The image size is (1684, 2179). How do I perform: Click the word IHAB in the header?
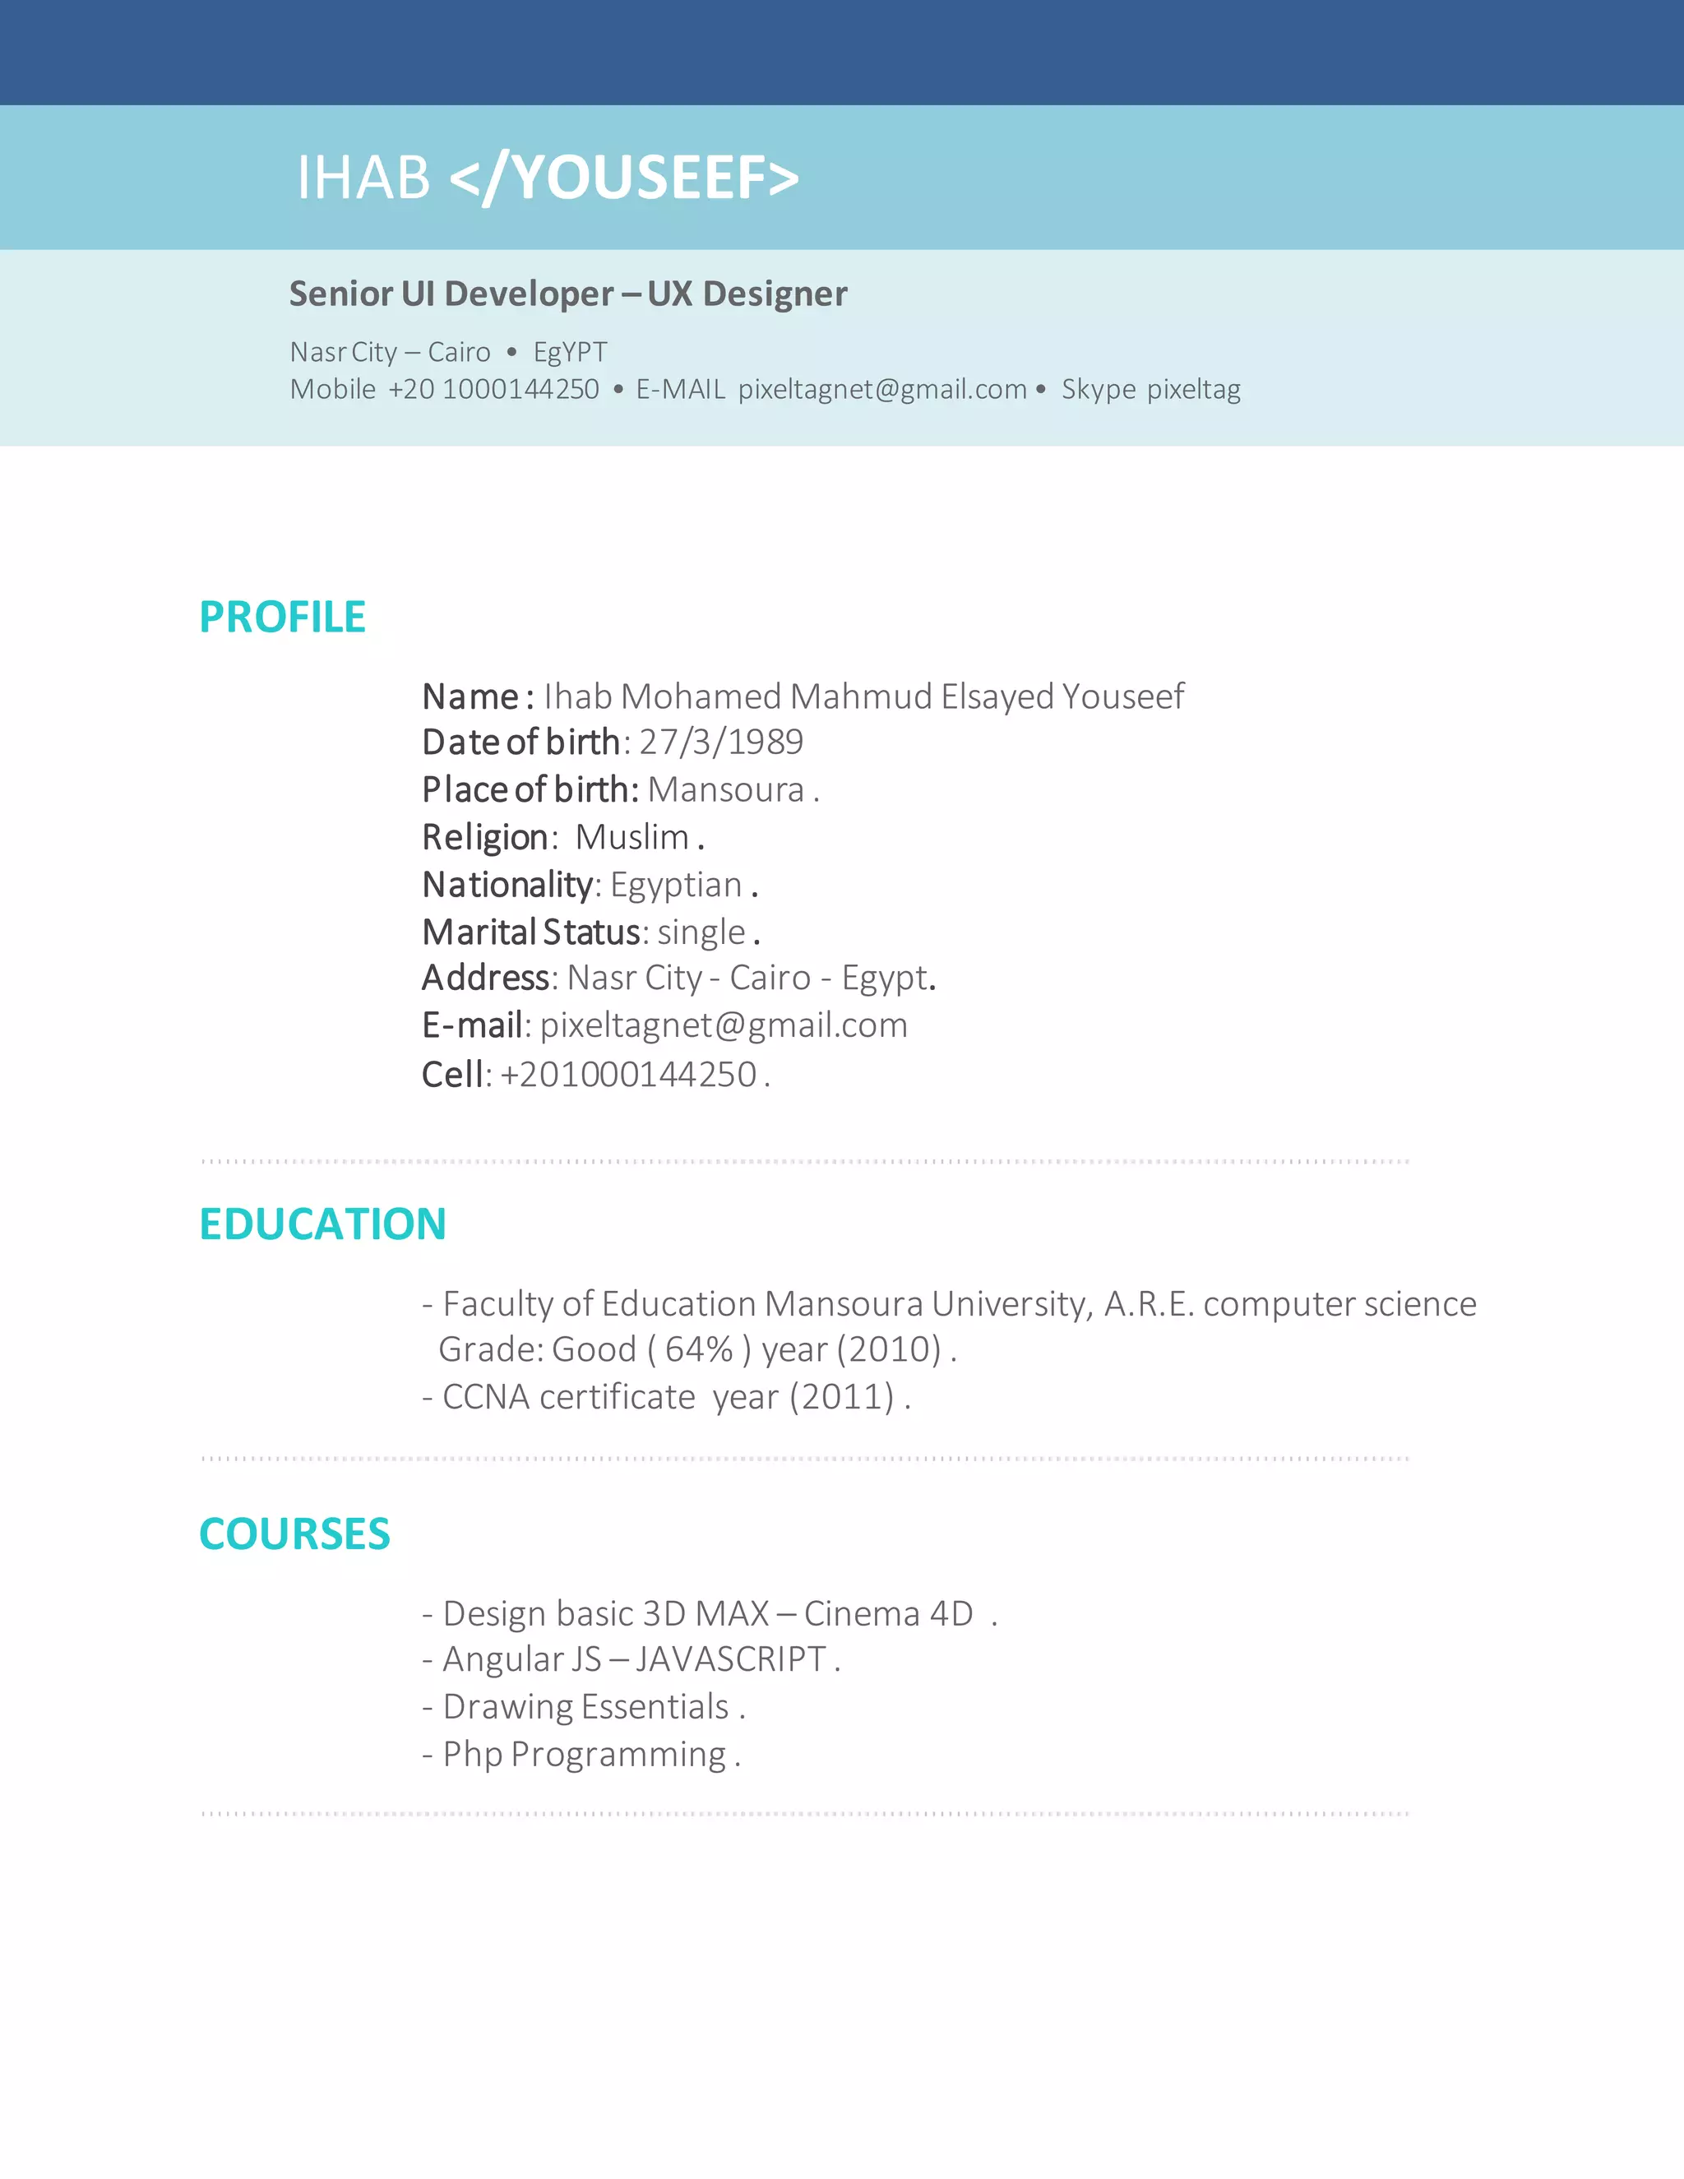(363, 178)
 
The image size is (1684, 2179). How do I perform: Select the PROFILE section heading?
(282, 617)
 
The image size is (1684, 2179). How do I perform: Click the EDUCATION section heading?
(322, 1224)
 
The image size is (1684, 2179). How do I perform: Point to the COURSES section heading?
(294, 1534)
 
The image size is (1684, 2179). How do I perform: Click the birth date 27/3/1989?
(721, 742)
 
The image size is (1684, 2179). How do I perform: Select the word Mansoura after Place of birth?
(725, 789)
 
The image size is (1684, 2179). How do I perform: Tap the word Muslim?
(631, 837)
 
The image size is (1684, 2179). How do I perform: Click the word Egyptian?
(675, 885)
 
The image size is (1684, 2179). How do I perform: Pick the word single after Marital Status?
(701, 932)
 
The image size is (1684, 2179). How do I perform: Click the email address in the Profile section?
(724, 1025)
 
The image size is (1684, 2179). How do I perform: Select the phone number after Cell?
(628, 1075)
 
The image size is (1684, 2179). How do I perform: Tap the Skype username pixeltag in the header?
(1193, 389)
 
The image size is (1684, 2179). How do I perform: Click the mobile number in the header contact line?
(494, 389)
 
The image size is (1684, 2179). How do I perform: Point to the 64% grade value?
(700, 1349)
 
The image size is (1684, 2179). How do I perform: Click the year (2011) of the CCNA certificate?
(841, 1397)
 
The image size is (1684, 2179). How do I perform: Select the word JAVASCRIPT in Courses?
(730, 1659)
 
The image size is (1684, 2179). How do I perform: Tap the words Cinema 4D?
(888, 1613)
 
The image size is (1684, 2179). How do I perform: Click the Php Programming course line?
(584, 1754)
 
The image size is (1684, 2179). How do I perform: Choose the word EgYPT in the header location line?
(570, 352)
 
